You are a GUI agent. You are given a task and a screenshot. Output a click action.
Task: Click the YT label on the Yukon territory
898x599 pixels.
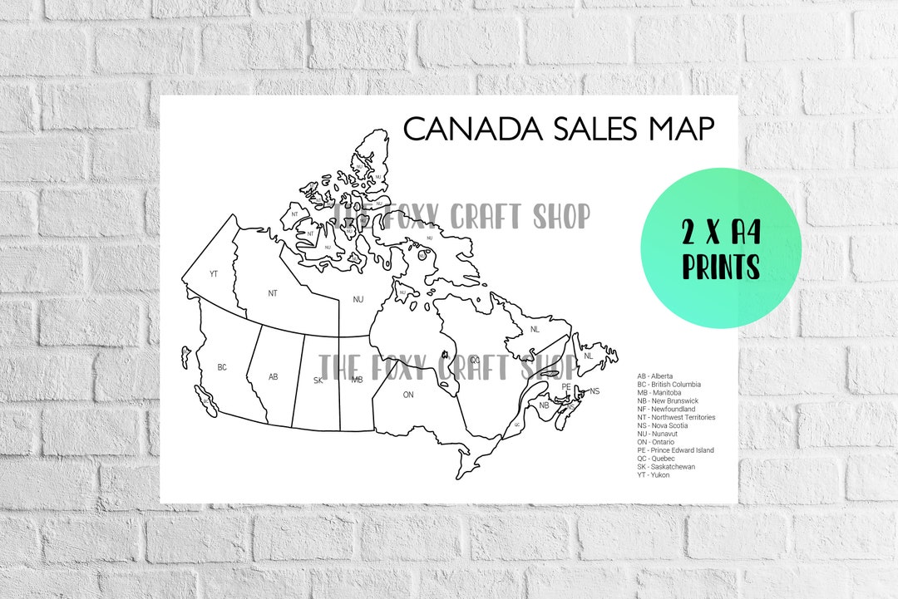(214, 273)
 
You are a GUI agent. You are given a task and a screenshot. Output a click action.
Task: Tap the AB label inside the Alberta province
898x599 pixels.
(273, 376)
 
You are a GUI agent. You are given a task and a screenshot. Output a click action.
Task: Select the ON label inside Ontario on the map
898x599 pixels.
(408, 395)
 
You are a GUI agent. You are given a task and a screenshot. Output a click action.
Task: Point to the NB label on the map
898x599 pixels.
(544, 405)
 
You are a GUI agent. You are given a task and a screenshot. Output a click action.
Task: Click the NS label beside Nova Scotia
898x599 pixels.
(595, 390)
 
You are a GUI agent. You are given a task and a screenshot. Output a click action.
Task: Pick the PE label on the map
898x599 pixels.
(566, 386)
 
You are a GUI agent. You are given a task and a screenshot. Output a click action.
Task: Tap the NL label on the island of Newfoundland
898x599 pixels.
(589, 356)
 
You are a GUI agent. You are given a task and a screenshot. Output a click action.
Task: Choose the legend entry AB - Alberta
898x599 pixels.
(655, 376)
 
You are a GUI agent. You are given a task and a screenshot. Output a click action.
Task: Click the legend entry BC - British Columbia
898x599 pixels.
(669, 385)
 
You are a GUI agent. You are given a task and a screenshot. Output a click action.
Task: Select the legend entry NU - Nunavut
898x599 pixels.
(656, 434)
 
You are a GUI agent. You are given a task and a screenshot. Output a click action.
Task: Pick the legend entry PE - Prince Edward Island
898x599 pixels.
(675, 450)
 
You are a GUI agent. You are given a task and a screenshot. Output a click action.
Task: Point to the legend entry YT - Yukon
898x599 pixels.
(653, 474)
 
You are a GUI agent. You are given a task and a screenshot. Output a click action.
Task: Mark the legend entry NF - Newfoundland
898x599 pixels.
(666, 410)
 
